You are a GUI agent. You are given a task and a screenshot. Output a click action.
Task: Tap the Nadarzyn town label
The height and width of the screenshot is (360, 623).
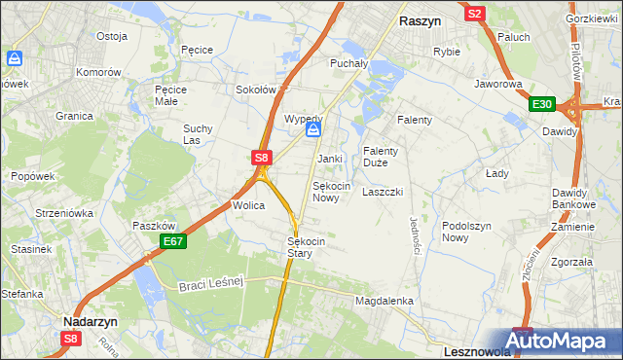click(x=91, y=319)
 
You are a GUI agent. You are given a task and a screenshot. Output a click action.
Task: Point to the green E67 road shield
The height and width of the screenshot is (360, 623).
click(x=173, y=241)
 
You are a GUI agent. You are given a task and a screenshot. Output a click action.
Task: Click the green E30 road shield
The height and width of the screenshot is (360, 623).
click(x=542, y=105)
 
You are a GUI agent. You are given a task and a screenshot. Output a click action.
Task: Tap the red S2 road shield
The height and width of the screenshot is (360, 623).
click(x=475, y=14)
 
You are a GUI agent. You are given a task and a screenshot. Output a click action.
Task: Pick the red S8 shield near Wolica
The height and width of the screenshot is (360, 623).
click(x=261, y=156)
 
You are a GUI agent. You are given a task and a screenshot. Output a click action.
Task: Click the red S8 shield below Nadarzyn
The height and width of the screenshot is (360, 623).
click(x=71, y=339)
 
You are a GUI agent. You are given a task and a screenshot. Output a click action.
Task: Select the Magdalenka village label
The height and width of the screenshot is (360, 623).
click(x=385, y=302)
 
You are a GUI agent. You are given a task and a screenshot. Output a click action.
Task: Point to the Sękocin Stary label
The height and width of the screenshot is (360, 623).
click(x=306, y=247)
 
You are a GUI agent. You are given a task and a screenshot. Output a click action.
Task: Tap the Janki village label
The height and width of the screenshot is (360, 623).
click(x=330, y=159)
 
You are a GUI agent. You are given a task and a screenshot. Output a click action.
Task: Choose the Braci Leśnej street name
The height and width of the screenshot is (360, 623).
click(x=209, y=284)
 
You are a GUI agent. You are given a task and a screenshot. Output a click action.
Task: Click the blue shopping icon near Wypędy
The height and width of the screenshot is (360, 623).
click(x=312, y=128)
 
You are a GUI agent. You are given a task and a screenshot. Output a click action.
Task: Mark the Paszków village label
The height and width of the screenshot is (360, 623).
click(x=153, y=226)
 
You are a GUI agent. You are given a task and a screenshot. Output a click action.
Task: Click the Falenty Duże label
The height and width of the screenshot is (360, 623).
click(x=381, y=157)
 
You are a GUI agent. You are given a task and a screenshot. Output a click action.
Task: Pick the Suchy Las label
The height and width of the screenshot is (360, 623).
click(x=198, y=134)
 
